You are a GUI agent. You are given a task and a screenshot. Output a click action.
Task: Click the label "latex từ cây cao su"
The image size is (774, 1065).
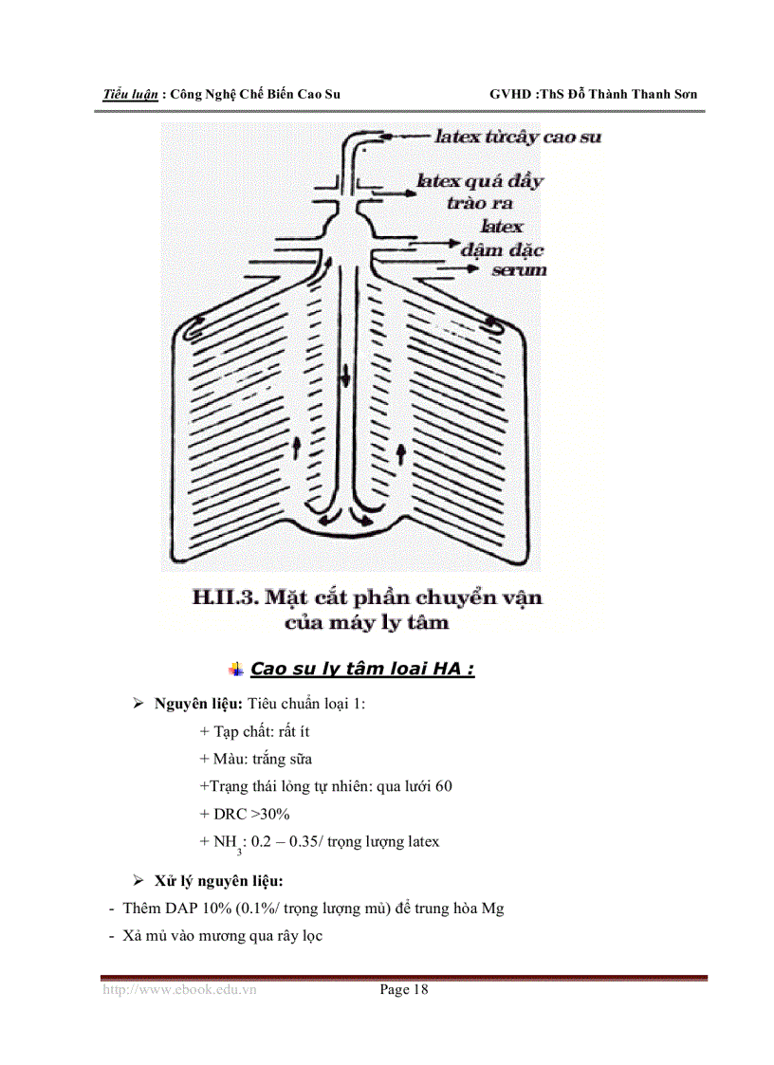(x=517, y=137)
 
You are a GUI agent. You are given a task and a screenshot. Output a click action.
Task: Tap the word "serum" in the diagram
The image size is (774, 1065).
(x=519, y=270)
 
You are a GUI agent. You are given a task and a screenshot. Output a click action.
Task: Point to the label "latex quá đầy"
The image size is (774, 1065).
(x=480, y=181)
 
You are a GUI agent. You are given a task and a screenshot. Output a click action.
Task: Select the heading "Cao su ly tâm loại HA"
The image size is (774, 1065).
(x=360, y=669)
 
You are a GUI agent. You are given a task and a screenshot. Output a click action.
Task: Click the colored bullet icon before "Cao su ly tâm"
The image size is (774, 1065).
(x=237, y=669)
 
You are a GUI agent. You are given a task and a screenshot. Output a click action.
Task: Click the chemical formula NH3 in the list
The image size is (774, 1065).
(x=223, y=842)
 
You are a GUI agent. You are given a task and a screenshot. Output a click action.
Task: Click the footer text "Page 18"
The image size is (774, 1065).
(x=404, y=990)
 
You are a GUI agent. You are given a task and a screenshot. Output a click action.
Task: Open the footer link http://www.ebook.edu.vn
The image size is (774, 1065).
(x=179, y=990)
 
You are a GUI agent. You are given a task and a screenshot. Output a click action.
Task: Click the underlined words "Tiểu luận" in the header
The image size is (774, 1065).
(x=130, y=95)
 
